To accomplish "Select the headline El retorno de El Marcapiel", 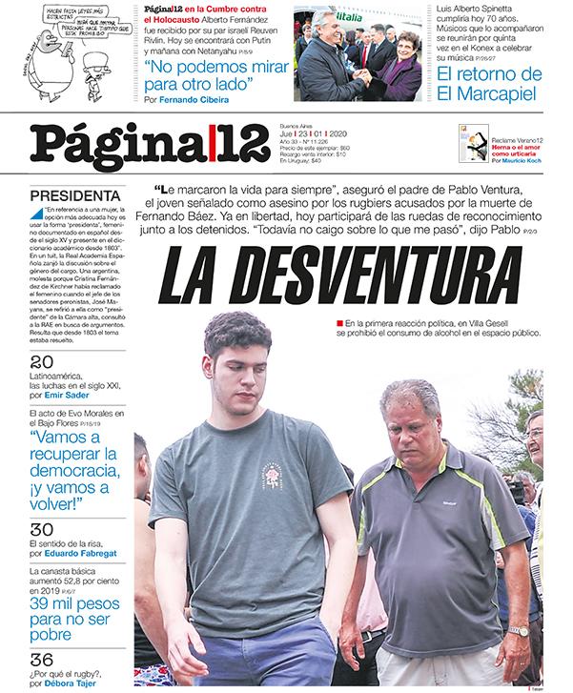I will pyautogui.click(x=488, y=84).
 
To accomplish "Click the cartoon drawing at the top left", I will pyautogui.click(x=67, y=48).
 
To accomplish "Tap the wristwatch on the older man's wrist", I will pyautogui.click(x=518, y=630).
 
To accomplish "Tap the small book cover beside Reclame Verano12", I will pyautogui.click(x=481, y=144).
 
